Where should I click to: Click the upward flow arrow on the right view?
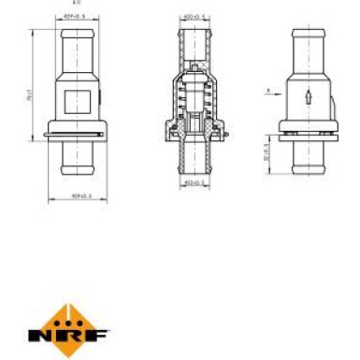308,94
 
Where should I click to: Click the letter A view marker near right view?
267,90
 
